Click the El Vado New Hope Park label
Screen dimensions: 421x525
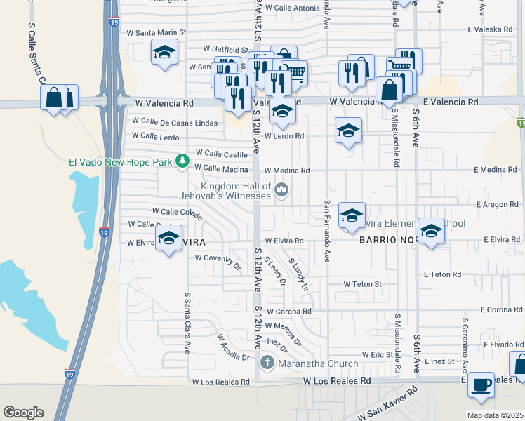coord(120,162)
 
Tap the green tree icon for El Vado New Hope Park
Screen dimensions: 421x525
coord(182,161)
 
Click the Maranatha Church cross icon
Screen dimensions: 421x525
coord(267,363)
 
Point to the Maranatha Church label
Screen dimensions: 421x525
coord(318,363)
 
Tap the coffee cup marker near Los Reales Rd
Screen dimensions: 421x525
coord(481,385)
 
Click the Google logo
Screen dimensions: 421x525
coord(23,413)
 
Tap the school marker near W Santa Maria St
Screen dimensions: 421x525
coord(164,53)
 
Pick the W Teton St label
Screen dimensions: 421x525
coord(362,284)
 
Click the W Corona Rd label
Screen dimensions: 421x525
coord(288,311)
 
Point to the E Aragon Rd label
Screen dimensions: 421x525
coord(496,204)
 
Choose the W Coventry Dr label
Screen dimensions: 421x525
coord(218,258)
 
